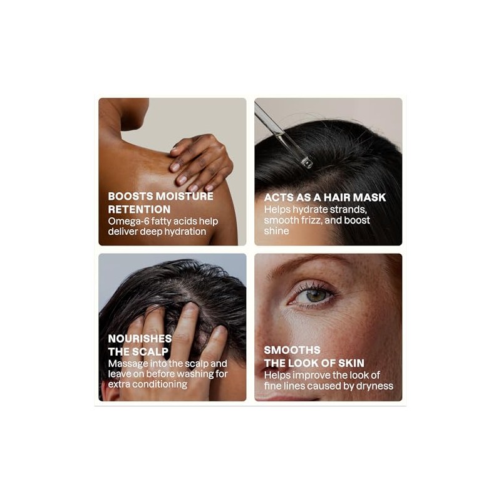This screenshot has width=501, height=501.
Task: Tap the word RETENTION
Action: pos(139,210)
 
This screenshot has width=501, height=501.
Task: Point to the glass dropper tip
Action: pos(307,163)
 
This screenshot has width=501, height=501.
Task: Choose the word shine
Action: pos(276,230)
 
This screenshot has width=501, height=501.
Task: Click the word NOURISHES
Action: pos(140,338)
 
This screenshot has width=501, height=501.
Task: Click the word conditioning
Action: pos(160,384)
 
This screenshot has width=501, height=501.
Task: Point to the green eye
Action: pos(316,296)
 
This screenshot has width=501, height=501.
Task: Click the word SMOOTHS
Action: pos(292,350)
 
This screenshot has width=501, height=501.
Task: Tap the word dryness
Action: pos(374,386)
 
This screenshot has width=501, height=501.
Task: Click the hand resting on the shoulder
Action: pos(201,162)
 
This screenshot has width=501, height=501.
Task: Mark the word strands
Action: pos(348,210)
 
